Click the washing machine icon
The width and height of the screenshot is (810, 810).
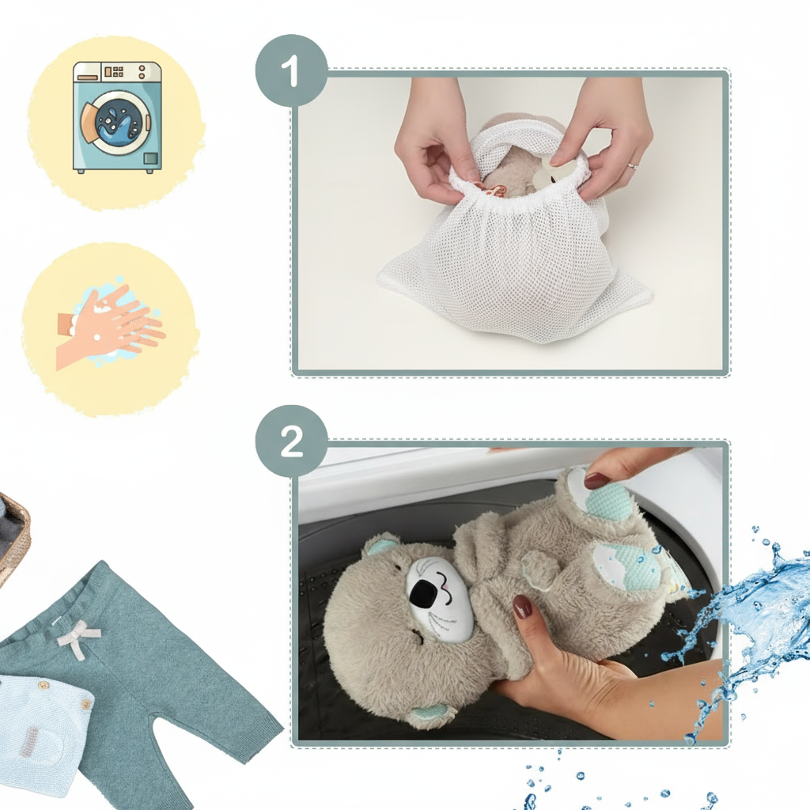click(x=116, y=117)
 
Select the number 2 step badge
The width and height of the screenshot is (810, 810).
click(x=291, y=441)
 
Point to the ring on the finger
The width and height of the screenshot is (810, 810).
click(x=632, y=167)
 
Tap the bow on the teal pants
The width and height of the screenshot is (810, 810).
click(x=77, y=636)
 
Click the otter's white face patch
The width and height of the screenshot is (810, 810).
click(x=439, y=597)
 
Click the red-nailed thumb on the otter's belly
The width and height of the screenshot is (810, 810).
click(x=522, y=607)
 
